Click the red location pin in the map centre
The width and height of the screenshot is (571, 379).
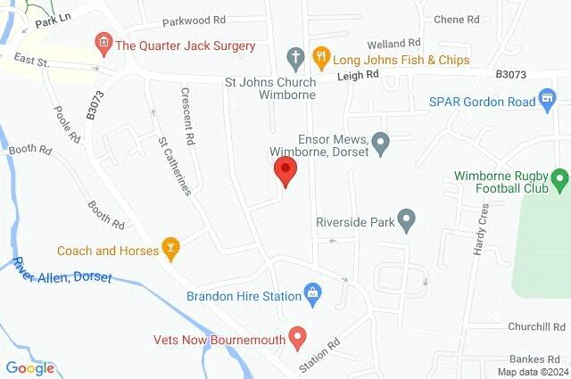click(x=285, y=170)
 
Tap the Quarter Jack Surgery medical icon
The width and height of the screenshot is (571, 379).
click(x=104, y=42)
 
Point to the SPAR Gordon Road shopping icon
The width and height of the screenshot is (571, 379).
click(x=552, y=102)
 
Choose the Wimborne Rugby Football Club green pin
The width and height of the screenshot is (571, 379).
click(x=560, y=181)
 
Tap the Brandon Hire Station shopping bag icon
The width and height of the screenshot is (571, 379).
click(x=312, y=292)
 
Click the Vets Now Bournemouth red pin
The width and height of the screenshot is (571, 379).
click(x=299, y=337)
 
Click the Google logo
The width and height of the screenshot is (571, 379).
click(x=29, y=367)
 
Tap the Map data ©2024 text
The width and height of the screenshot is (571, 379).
click(x=533, y=372)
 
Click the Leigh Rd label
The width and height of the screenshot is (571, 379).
click(x=358, y=77)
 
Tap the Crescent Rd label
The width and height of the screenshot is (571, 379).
click(x=187, y=116)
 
